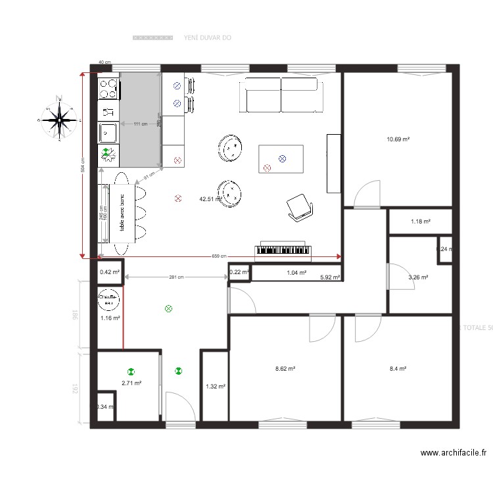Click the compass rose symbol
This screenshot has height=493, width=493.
(x=60, y=119)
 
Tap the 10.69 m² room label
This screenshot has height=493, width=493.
(x=398, y=139)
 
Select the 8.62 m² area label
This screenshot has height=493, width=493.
(x=285, y=369)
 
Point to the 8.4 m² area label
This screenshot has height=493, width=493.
(x=398, y=369)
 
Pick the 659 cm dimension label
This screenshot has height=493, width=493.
(x=219, y=256)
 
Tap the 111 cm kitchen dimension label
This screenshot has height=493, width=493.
(x=140, y=124)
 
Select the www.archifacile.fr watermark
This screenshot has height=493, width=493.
(x=455, y=452)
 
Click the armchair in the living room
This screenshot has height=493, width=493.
(x=300, y=207)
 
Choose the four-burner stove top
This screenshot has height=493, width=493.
(x=108, y=88)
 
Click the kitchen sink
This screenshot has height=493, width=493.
(x=108, y=132)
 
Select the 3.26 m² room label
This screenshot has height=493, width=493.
(x=418, y=277)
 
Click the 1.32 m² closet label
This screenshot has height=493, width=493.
(x=215, y=387)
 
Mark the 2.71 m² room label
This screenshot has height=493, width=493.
(x=131, y=383)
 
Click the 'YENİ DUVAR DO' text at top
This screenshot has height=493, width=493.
(x=207, y=38)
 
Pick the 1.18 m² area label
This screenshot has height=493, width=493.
(x=420, y=222)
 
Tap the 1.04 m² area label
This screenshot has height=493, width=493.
(x=296, y=272)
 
